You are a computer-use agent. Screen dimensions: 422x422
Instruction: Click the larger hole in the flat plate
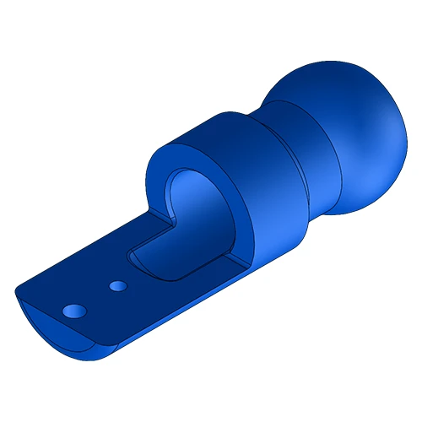[74, 311]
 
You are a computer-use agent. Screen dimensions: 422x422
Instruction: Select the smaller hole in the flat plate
[118, 287]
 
